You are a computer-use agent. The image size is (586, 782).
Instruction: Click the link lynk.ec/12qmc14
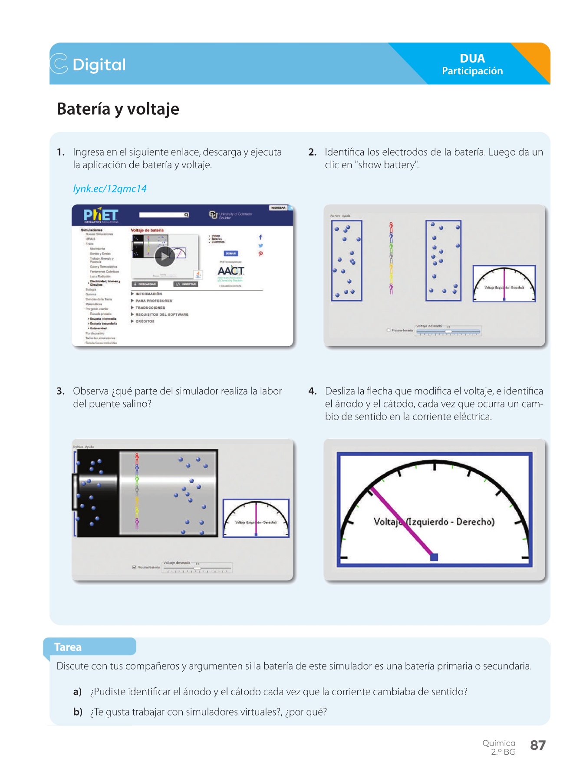[110, 189]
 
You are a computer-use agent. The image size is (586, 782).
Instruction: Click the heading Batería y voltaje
[118, 109]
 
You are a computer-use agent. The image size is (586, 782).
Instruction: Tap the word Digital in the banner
[99, 65]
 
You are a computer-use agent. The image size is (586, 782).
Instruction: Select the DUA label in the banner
[472, 58]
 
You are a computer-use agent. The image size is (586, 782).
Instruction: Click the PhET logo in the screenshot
[101, 215]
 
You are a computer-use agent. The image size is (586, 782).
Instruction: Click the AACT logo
[230, 271]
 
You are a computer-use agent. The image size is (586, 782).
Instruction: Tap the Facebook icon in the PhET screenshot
[260, 237]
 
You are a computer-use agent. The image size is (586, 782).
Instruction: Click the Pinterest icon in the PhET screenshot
[260, 254]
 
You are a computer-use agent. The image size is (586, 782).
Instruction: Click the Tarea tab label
[68, 647]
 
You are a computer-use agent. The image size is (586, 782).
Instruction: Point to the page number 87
[538, 745]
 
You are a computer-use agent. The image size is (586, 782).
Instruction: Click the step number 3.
[60, 391]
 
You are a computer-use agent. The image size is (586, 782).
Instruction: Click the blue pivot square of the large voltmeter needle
[434, 557]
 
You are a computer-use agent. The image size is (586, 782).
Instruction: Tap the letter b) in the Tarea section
[78, 712]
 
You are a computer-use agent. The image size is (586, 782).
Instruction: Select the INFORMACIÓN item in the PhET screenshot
[148, 294]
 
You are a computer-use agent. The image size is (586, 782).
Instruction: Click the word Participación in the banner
[472, 71]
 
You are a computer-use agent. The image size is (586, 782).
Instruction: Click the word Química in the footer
[499, 743]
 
